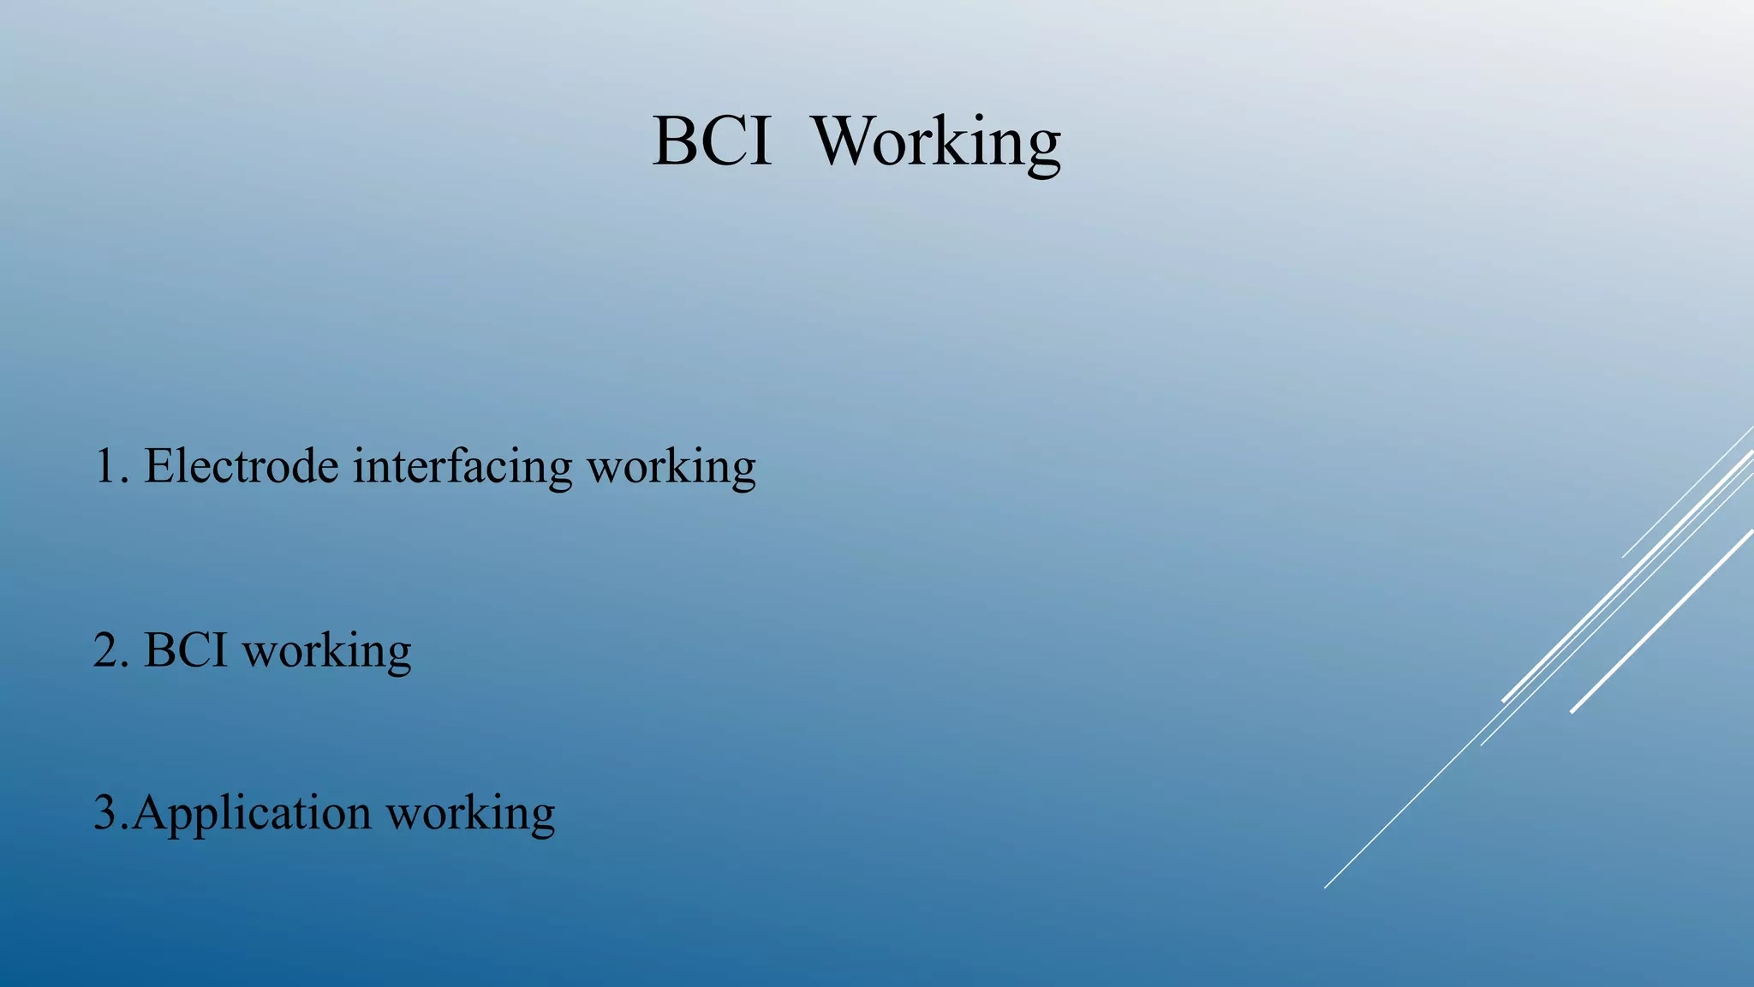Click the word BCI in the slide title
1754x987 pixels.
click(x=712, y=141)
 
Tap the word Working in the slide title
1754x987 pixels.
click(x=936, y=143)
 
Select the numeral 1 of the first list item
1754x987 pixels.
click(x=104, y=467)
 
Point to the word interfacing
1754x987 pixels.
click(x=462, y=469)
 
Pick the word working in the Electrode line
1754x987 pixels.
click(x=671, y=470)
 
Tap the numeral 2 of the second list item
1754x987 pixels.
click(x=105, y=651)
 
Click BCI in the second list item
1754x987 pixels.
click(x=186, y=651)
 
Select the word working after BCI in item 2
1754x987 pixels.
click(x=326, y=653)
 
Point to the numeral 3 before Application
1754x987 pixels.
click(x=104, y=813)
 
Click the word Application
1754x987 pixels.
click(x=252, y=815)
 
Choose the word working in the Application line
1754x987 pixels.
click(x=470, y=815)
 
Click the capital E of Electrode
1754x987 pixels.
click(x=158, y=467)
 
